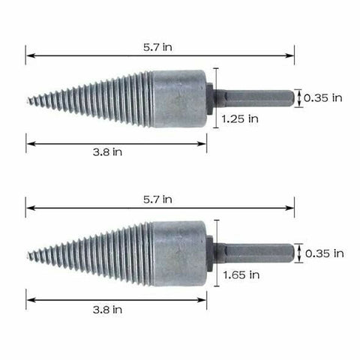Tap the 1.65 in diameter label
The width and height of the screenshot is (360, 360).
[x=241, y=275]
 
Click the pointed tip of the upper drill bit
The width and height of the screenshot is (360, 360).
[x=28, y=98]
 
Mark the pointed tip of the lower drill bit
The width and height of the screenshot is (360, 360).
[x=28, y=254]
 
